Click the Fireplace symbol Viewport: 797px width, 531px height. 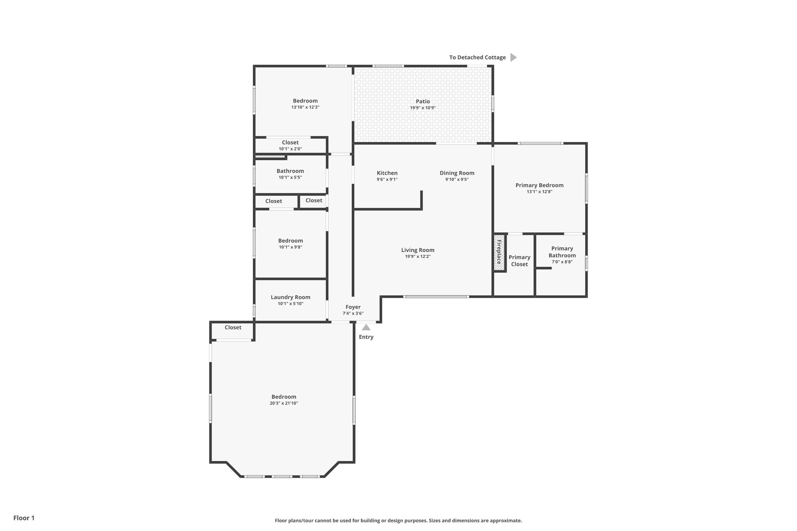pyautogui.click(x=499, y=252)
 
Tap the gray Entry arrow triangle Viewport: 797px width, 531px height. pyautogui.click(x=366, y=328)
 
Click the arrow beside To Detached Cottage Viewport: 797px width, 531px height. pyautogui.click(x=513, y=58)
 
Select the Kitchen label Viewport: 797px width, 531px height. pyautogui.click(x=387, y=173)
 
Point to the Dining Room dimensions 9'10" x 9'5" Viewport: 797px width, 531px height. pyautogui.click(x=457, y=180)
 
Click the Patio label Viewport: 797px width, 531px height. pyautogui.click(x=423, y=102)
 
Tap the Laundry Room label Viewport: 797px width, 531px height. pyautogui.click(x=290, y=297)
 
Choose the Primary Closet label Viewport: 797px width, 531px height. pyautogui.click(x=519, y=261)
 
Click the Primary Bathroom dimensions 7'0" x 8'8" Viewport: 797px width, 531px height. pyautogui.click(x=562, y=262)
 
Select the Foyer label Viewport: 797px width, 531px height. pyautogui.click(x=353, y=307)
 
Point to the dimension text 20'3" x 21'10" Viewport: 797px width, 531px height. pyautogui.click(x=284, y=403)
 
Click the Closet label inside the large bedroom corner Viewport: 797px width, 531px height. pyautogui.click(x=233, y=328)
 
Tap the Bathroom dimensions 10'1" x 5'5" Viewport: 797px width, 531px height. pyautogui.click(x=290, y=177)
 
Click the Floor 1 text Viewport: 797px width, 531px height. pyautogui.click(x=24, y=518)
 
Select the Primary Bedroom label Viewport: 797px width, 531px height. pyautogui.click(x=539, y=185)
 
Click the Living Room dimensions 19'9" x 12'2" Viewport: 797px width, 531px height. pyautogui.click(x=418, y=257)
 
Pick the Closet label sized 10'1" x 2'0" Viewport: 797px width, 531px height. pyautogui.click(x=290, y=142)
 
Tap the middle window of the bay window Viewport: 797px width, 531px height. pyautogui.click(x=282, y=477)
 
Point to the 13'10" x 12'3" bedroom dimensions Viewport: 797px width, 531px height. pyautogui.click(x=305, y=107)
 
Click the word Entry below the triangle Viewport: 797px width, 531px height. pyautogui.click(x=366, y=337)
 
